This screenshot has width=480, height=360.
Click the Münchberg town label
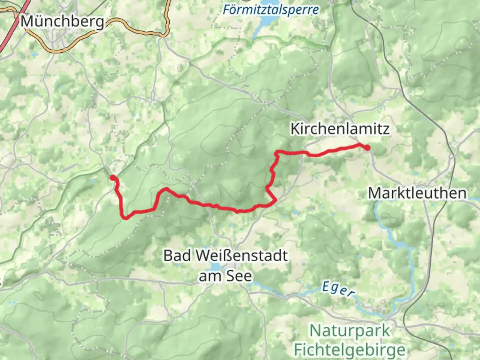pyautogui.click(x=62, y=22)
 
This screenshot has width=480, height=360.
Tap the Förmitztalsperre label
pyautogui.click(x=271, y=10)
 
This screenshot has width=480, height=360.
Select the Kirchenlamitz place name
pyautogui.click(x=340, y=129)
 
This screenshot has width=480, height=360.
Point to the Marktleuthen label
pyautogui.click(x=417, y=193)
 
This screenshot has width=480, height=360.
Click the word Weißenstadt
pyautogui.click(x=241, y=256)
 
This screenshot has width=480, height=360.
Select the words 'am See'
pyautogui.click(x=225, y=276)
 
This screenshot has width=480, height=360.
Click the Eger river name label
pyautogui.click(x=338, y=289)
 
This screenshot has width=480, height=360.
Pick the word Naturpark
pyautogui.click(x=349, y=331)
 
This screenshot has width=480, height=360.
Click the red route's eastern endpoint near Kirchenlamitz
pyautogui.click(x=367, y=148)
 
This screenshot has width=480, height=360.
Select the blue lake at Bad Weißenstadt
pyautogui.click(x=215, y=267)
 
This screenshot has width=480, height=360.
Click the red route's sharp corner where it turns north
pyautogui.click(x=275, y=201)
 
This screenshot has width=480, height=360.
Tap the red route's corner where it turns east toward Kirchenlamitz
pyautogui.click(x=277, y=153)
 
